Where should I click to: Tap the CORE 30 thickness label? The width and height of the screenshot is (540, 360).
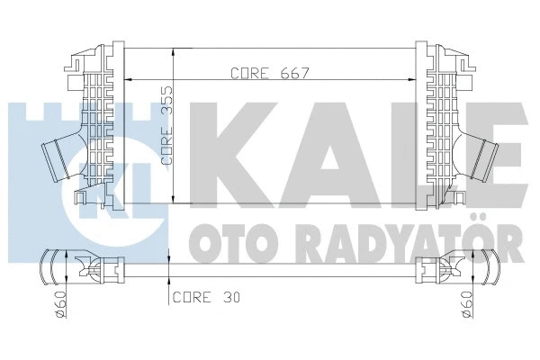206,295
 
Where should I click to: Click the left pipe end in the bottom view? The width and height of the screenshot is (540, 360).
54,267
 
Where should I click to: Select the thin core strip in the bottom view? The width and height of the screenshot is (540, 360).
270,267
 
